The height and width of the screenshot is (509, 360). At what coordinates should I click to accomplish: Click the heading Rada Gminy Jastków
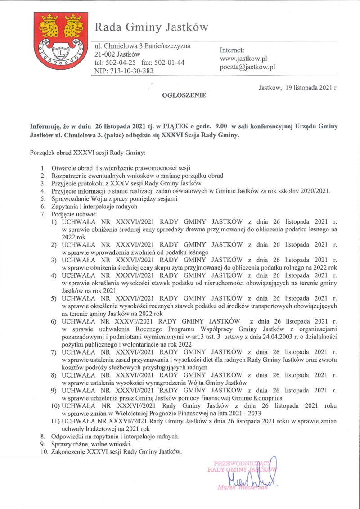[151, 27]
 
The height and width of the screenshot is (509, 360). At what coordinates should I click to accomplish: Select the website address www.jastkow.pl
[243, 59]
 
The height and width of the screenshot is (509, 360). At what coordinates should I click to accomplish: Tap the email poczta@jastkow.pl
[247, 67]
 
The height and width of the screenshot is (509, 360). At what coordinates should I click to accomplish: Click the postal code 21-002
[104, 54]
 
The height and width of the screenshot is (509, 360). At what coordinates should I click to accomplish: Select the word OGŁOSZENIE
[184, 95]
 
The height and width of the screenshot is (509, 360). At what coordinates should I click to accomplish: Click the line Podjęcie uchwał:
[71, 214]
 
